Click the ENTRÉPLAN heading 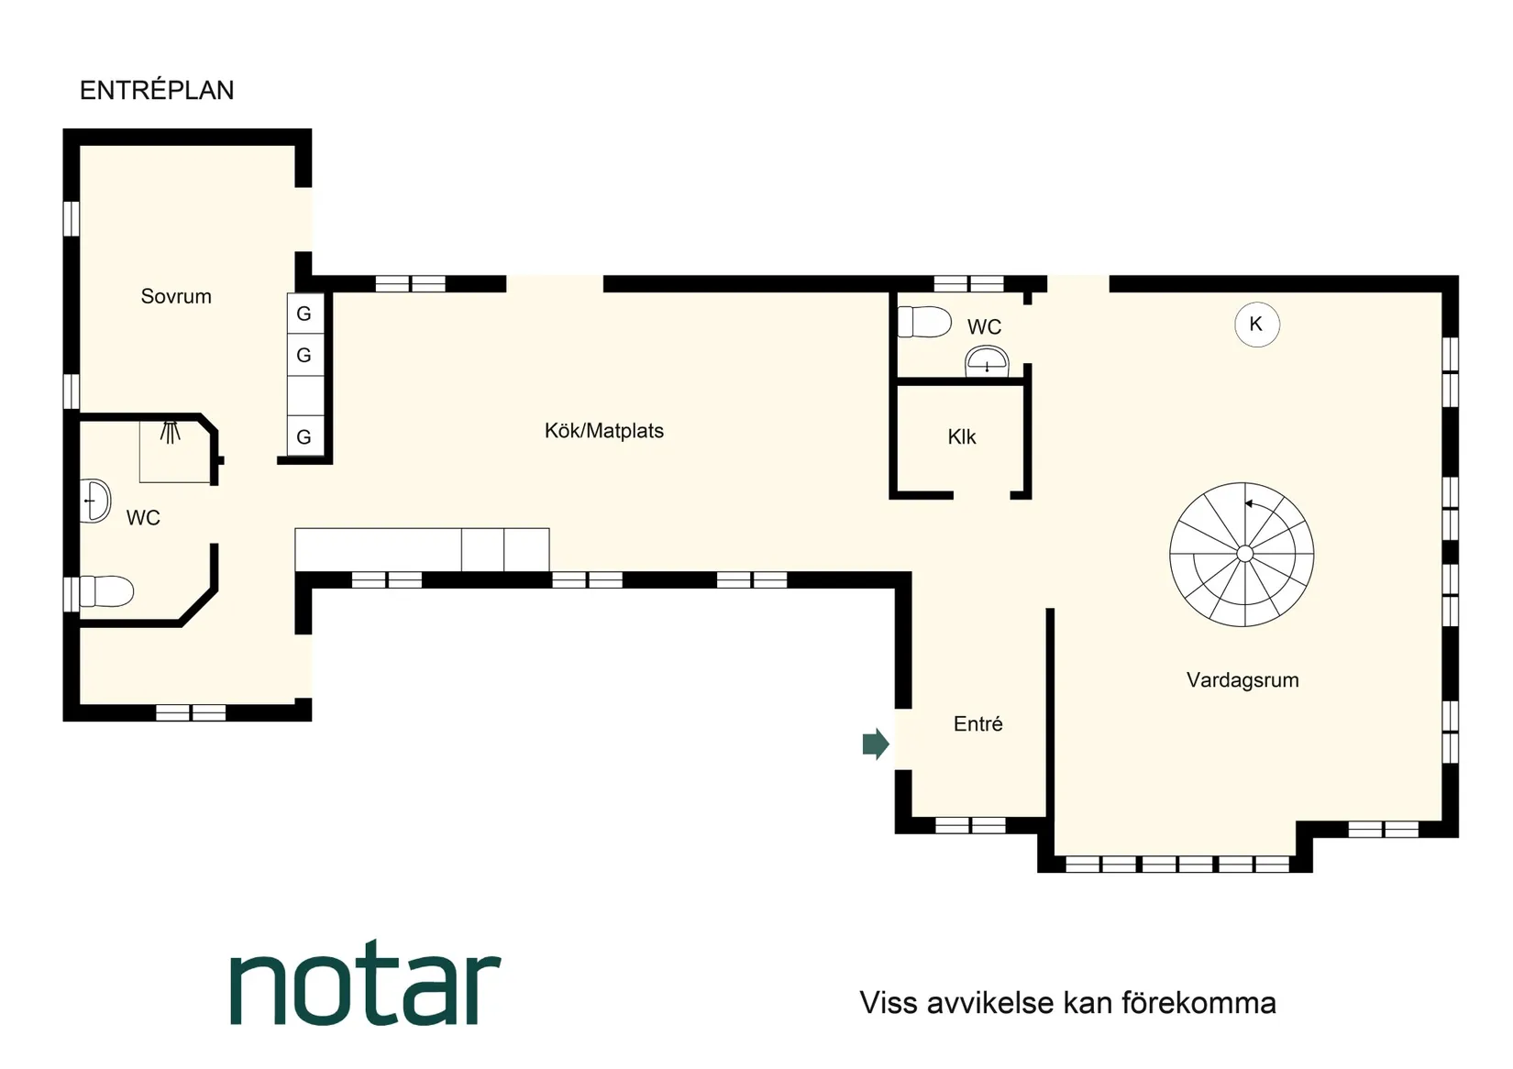pyautogui.click(x=157, y=90)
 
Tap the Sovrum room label pyautogui.click(x=176, y=296)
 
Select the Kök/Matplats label pyautogui.click(x=603, y=431)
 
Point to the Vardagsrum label pyautogui.click(x=1242, y=680)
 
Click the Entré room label pyautogui.click(x=977, y=724)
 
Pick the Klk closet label pyautogui.click(x=961, y=437)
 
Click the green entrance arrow pyautogui.click(x=876, y=744)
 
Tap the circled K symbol pyautogui.click(x=1256, y=325)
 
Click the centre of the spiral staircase pyautogui.click(x=1243, y=554)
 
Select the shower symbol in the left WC pyautogui.click(x=171, y=432)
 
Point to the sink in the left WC pyautogui.click(x=95, y=501)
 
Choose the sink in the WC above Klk pyautogui.click(x=987, y=361)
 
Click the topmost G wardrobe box pyautogui.click(x=304, y=314)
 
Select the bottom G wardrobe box pyautogui.click(x=304, y=437)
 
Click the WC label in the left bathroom pyautogui.click(x=143, y=518)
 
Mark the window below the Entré pyautogui.click(x=970, y=825)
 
